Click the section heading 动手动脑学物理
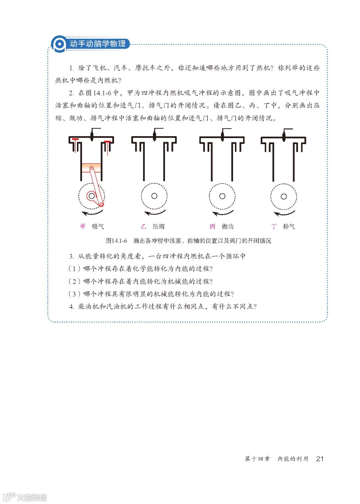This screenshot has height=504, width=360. tap(98, 44)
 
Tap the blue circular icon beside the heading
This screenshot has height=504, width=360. tap(59, 44)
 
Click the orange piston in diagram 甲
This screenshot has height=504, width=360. tap(91, 168)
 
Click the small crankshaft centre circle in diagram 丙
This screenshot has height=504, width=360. tap(222, 196)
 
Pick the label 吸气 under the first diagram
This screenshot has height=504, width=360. tap(98, 226)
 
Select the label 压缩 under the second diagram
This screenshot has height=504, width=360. tap(159, 226)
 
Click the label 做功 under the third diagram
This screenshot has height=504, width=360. tap(228, 226)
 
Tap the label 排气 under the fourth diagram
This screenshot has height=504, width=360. tap(289, 226)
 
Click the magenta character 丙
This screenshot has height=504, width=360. tap(212, 226)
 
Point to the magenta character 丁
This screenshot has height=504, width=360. tap(274, 226)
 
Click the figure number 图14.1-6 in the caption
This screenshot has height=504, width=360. tap(116, 241)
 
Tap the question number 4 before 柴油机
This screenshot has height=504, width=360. tap(71, 307)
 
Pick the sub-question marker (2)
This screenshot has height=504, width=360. tap(74, 281)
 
